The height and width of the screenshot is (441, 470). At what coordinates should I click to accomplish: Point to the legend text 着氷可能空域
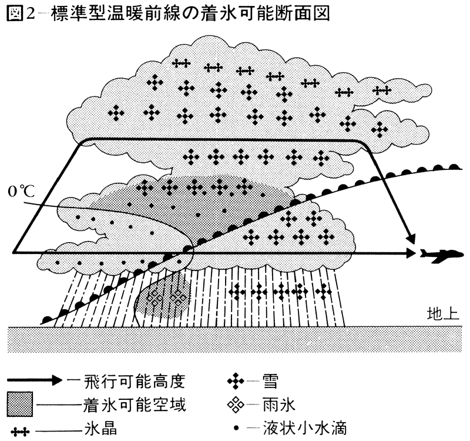[x=145, y=405]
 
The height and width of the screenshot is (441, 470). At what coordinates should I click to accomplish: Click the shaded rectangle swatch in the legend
[x=22, y=405]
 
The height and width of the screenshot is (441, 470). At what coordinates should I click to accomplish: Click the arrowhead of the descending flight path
[x=409, y=238]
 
